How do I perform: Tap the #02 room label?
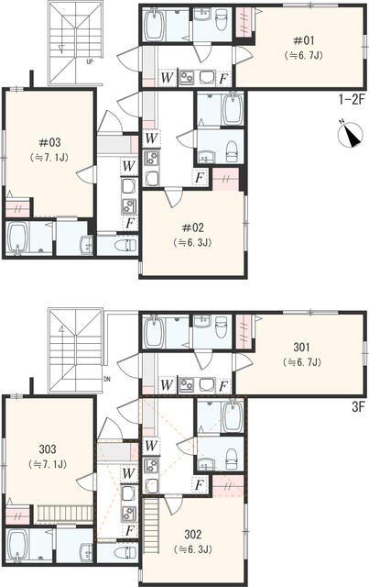click(193, 227)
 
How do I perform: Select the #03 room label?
click(49, 142)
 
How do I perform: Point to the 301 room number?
click(303, 348)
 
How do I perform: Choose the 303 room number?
click(49, 449)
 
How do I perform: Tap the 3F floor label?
click(352, 403)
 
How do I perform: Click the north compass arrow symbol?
click(351, 137)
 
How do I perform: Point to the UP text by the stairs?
click(89, 62)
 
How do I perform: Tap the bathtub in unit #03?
click(19, 241)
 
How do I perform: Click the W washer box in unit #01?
click(168, 78)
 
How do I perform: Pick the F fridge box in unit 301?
click(224, 385)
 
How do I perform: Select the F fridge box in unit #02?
click(199, 177)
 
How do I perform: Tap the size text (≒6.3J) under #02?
click(193, 242)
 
